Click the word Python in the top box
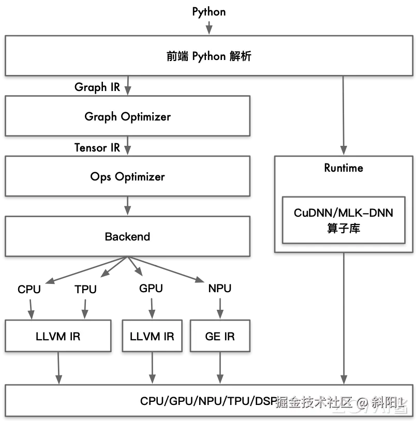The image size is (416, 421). click(x=209, y=56)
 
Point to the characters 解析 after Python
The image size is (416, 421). click(x=240, y=56)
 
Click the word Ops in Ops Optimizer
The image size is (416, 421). click(x=101, y=177)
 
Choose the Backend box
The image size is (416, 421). click(x=127, y=237)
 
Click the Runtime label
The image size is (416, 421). click(x=344, y=168)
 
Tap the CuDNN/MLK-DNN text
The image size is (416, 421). click(x=344, y=213)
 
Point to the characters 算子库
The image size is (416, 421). click(x=344, y=228)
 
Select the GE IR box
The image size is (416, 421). click(x=220, y=337)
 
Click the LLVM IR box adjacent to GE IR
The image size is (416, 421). click(x=152, y=337)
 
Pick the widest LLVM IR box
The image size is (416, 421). click(x=58, y=337)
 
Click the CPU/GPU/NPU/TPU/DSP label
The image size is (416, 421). click(x=208, y=401)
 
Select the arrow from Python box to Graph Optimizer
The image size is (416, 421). click(x=128, y=86)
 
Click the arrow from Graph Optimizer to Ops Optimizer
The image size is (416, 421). click(x=127, y=146)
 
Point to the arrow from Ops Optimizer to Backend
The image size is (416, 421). click(x=127, y=206)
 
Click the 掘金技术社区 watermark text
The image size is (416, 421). click(x=315, y=402)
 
